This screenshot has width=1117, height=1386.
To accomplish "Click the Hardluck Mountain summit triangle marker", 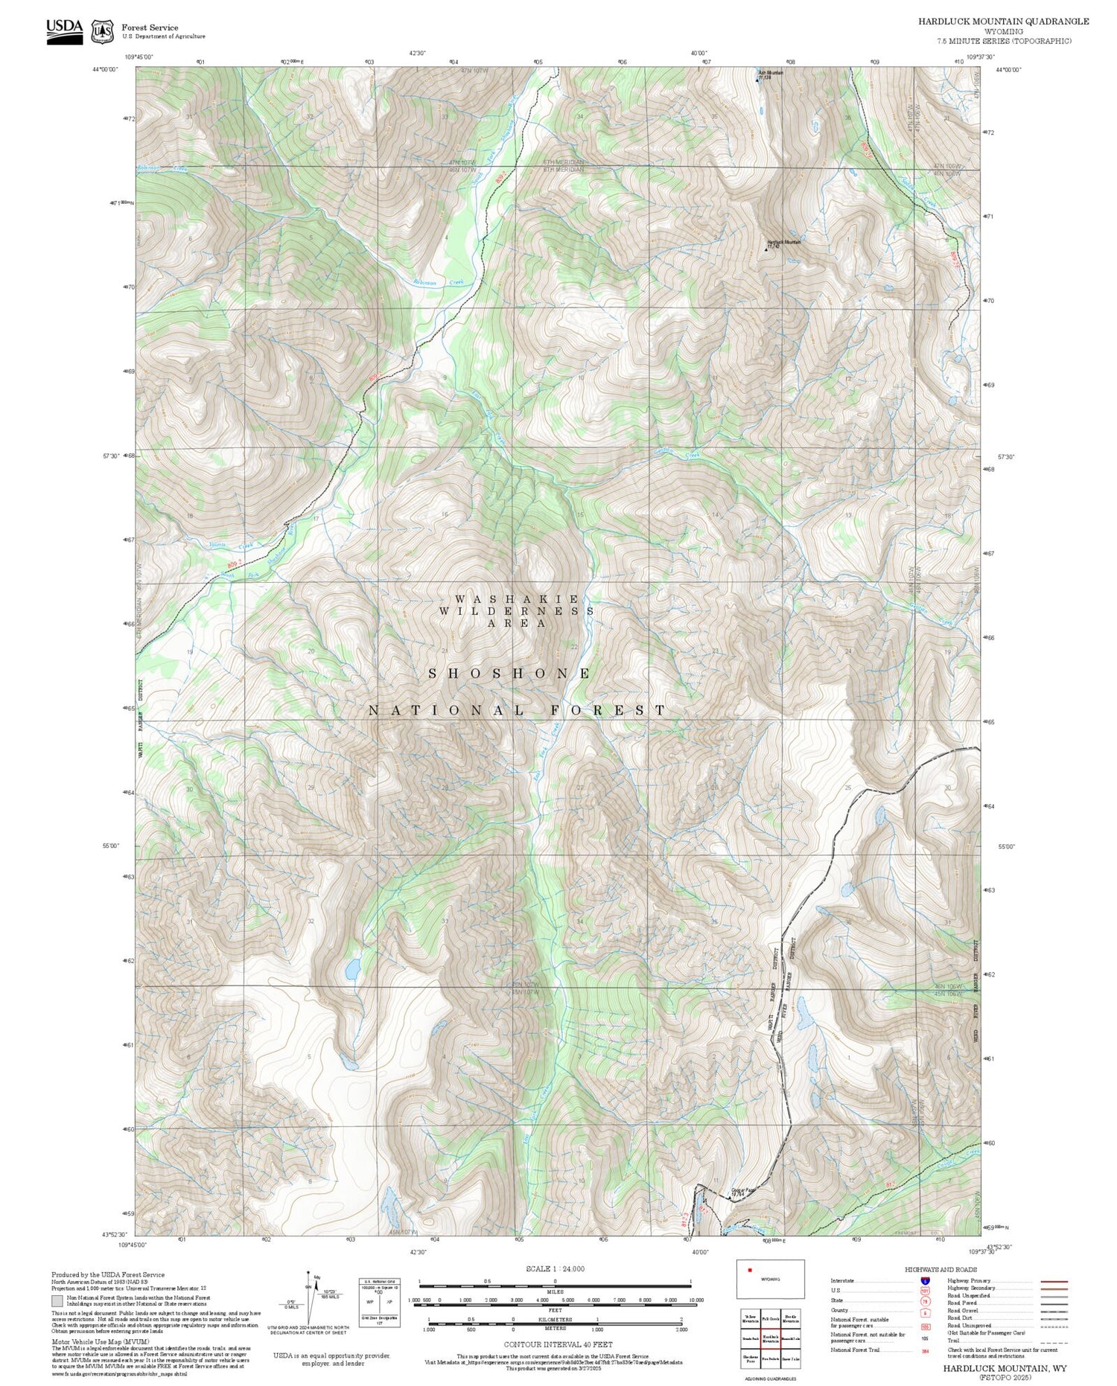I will (766, 249).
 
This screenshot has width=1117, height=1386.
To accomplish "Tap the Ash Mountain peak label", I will (771, 73).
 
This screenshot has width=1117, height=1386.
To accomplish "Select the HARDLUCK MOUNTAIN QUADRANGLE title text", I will (1003, 22).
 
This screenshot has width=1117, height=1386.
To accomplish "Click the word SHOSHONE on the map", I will (511, 674).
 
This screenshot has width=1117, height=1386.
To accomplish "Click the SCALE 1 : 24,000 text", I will (555, 1268).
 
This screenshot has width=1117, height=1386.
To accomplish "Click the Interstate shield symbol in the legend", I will (925, 1280).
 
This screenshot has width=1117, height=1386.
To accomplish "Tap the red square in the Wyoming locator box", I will (750, 1271).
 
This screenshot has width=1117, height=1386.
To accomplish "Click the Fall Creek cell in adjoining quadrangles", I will (771, 1319).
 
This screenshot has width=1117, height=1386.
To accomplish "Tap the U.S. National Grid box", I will (380, 1300).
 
